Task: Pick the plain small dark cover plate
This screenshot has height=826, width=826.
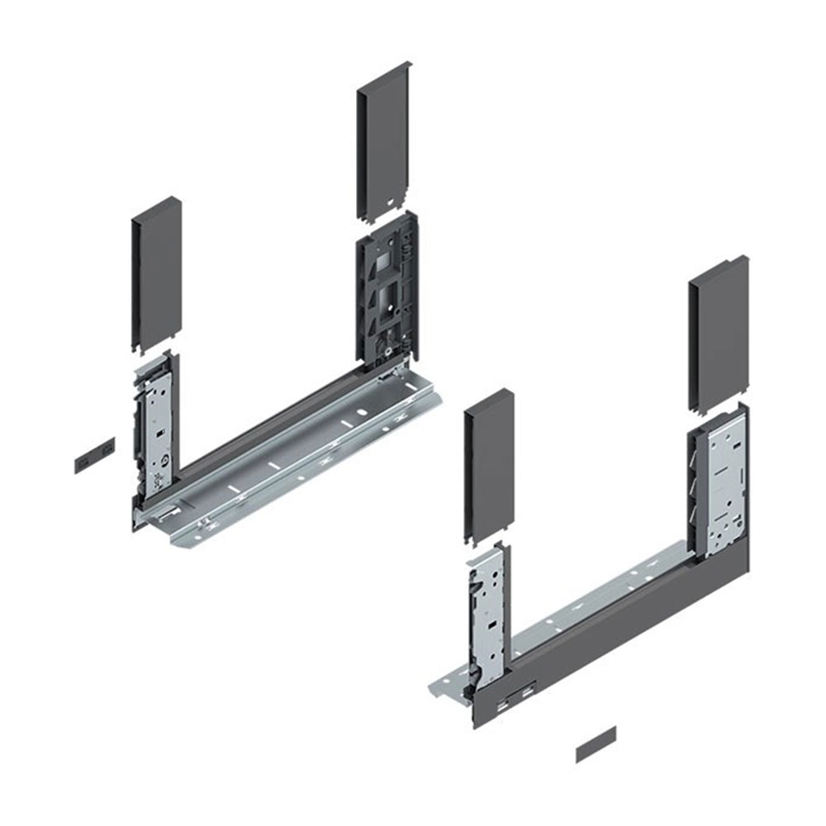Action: [x=596, y=745]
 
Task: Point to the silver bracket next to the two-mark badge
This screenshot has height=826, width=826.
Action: [x=156, y=421]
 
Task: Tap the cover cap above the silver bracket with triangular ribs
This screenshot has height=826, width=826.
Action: [x=719, y=335]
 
